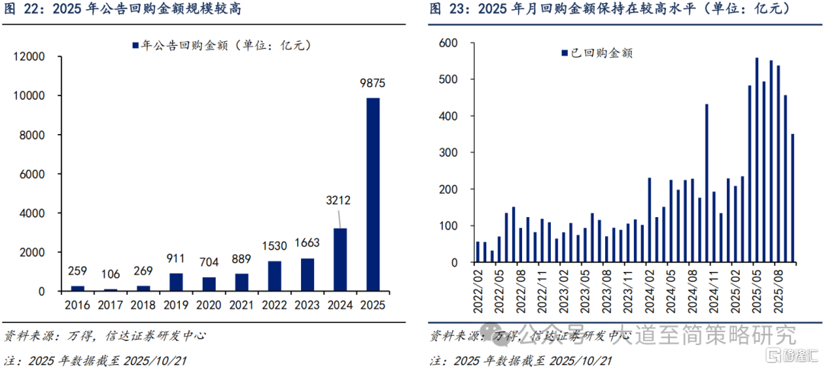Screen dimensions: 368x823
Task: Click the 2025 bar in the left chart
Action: [x=373, y=194]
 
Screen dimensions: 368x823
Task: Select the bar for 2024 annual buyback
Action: [x=340, y=260]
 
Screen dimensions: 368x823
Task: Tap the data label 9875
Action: [x=373, y=83]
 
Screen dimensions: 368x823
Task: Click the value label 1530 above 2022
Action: [x=274, y=247]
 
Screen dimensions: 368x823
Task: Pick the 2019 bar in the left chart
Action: [x=176, y=282]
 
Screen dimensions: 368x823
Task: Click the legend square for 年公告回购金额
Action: [x=136, y=46]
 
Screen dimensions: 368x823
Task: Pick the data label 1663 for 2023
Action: [x=307, y=244]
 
